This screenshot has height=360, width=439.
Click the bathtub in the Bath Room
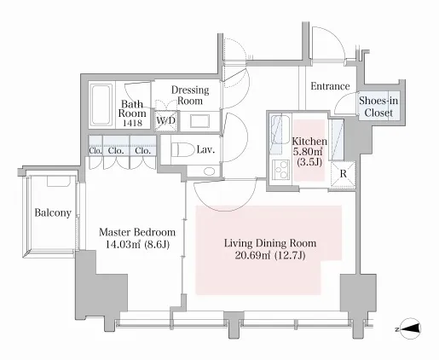(101, 105)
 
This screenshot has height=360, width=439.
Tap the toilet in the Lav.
(182, 149)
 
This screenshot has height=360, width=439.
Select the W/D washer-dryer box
(166, 120)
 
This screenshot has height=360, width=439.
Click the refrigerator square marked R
(344, 174)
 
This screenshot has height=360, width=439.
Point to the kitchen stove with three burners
(280, 170)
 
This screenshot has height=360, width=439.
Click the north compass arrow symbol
(410, 329)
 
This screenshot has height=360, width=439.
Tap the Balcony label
(53, 212)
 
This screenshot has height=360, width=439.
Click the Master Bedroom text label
(137, 232)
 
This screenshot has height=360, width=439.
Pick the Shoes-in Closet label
(378, 107)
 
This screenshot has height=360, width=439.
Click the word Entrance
(330, 86)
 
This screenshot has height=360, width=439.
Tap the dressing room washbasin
(199, 121)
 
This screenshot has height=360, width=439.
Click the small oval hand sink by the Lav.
(210, 171)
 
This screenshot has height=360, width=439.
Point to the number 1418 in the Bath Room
(132, 123)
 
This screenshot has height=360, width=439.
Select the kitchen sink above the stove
(280, 130)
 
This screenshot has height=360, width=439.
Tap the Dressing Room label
(190, 96)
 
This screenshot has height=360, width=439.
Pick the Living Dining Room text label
(270, 243)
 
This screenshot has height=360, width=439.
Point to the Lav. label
(205, 149)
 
